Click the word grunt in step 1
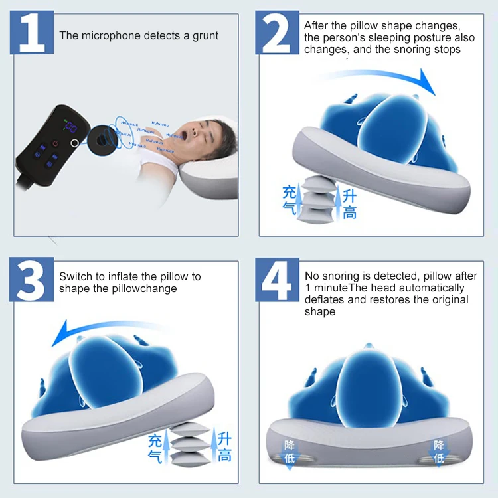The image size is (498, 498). point(205,36)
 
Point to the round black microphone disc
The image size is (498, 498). point(102,140)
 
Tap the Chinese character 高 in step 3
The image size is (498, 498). point(224,455)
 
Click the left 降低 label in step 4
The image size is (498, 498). point(290,452)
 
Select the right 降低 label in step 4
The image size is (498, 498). point(439,452)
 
